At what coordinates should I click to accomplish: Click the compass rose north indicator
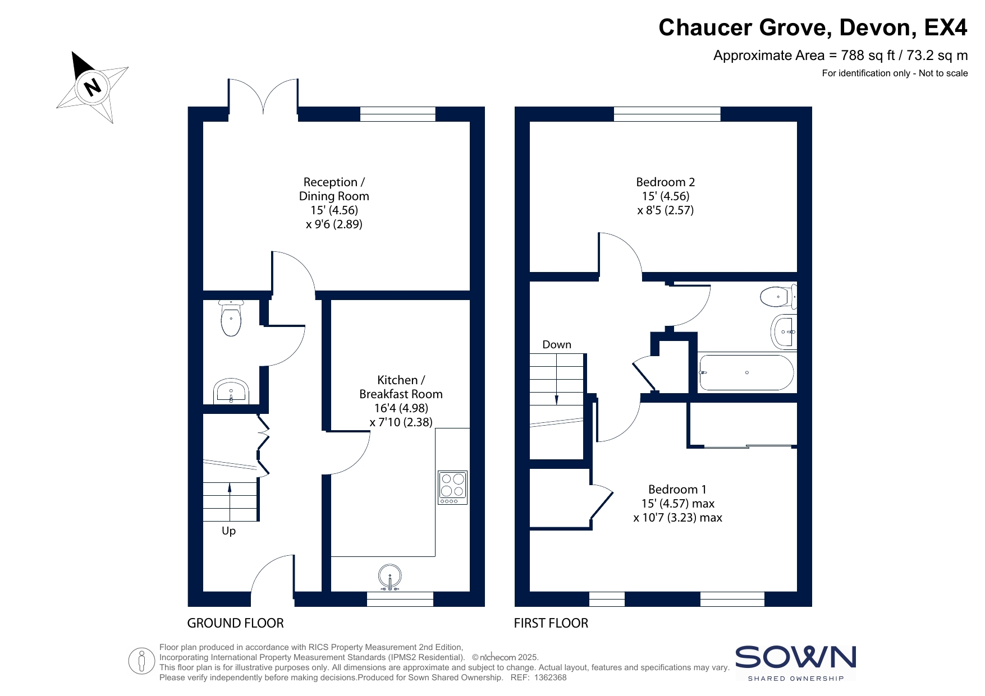point(92,87)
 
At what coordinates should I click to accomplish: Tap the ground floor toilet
point(231,318)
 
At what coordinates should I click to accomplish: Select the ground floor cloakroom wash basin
point(231,391)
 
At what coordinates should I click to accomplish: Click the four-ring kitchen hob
point(452,487)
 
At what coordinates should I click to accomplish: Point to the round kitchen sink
point(390,577)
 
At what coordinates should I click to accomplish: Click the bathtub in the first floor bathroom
point(746,372)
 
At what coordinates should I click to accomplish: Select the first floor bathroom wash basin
point(784,331)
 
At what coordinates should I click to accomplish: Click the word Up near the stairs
point(228,531)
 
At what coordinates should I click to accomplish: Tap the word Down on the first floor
point(557,344)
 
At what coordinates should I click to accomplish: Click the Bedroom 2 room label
point(666,182)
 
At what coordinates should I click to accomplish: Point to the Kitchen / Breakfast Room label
point(401,387)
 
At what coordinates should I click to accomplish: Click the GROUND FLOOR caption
point(235,623)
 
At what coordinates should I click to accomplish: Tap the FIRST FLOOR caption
point(551,623)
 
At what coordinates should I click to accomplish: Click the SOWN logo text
point(795,657)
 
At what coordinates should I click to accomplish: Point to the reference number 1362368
point(551,677)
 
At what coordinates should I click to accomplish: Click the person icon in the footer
point(141,661)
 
